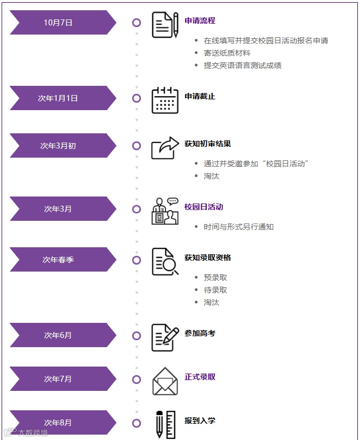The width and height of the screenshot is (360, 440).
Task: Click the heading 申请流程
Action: pyautogui.click(x=200, y=21)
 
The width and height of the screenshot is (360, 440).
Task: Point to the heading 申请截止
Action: pyautogui.click(x=200, y=96)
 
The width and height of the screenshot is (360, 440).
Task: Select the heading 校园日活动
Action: pyautogui.click(x=203, y=207)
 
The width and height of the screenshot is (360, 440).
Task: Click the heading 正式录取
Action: pyautogui.click(x=200, y=377)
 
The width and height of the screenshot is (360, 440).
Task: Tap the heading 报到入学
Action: pyautogui.click(x=200, y=421)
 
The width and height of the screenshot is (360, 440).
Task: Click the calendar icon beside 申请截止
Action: pyautogui.click(x=165, y=100)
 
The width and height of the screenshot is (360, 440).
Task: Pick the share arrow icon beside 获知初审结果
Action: pyautogui.click(x=165, y=147)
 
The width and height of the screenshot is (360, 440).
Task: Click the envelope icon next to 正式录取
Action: pyautogui.click(x=165, y=381)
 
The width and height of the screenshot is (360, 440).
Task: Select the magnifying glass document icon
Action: pyautogui.click(x=165, y=262)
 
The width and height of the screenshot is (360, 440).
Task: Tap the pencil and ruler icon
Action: pyautogui.click(x=165, y=425)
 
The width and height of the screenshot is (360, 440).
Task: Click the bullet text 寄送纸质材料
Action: pyautogui.click(x=227, y=53)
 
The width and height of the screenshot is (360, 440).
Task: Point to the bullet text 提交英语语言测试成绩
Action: pyautogui.click(x=242, y=65)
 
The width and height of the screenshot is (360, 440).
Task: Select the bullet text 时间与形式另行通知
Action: pyautogui.click(x=239, y=227)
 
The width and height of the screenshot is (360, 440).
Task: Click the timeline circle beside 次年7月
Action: pyautogui.click(x=137, y=379)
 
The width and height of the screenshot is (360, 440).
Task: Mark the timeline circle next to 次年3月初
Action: pyautogui.click(x=137, y=146)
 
